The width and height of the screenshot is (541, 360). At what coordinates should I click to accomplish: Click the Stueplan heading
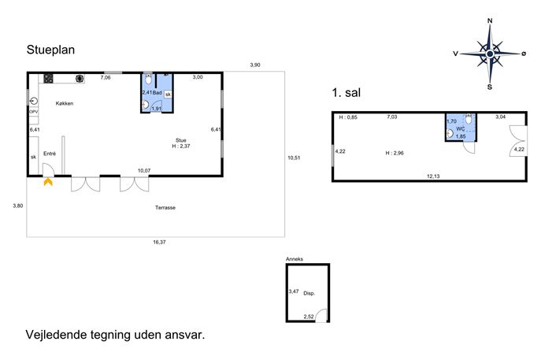pos(50,50)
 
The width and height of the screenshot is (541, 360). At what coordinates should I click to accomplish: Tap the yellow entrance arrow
pos(48,182)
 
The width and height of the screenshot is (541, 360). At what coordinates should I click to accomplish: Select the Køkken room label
pos(65,103)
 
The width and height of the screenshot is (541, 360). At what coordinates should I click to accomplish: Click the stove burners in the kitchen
pos(48,78)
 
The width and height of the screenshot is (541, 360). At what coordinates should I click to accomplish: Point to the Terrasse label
pos(165,207)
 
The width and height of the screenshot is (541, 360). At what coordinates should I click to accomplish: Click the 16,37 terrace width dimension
pos(159,243)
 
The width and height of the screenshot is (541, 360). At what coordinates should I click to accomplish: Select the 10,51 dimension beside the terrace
pos(294,158)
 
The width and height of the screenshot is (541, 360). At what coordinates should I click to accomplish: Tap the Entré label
pos(50,154)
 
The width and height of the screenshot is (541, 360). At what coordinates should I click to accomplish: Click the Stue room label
pos(181,140)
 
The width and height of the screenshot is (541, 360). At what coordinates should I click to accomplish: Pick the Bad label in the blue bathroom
pos(157,92)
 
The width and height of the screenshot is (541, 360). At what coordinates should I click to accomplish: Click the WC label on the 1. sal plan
pos(461,128)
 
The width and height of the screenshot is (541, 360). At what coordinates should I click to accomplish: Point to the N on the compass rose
pos(490,20)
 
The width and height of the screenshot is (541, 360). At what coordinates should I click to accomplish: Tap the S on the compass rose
pos(490,87)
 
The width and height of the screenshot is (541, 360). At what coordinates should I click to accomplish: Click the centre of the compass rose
pos(490,54)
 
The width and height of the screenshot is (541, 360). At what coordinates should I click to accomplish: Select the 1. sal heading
pos(346,92)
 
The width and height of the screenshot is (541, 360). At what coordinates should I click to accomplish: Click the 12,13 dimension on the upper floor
pos(433,176)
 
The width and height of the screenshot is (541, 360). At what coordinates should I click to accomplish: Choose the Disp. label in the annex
pos(309,293)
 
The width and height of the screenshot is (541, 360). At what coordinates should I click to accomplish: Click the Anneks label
pos(295,259)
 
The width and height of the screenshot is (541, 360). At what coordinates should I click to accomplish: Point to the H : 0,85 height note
pos(348,117)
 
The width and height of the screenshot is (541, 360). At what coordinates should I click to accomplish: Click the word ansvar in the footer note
pos(184,335)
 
